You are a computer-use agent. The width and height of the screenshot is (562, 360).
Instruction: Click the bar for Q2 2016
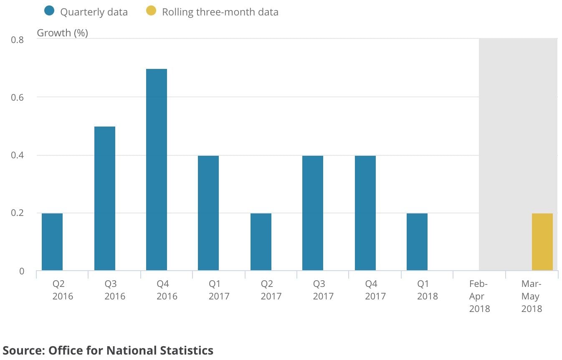coord(52,242)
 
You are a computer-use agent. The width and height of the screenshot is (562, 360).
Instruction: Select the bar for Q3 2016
coord(105,198)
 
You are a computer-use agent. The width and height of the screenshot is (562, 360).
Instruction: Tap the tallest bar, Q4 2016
coord(157,170)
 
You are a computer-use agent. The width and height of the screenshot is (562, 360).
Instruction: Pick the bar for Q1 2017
coord(208,213)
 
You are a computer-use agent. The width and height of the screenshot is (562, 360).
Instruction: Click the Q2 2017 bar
coord(261,242)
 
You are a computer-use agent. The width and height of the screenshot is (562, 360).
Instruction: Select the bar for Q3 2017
coord(313,213)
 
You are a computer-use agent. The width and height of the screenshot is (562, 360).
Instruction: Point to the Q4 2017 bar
coord(365,213)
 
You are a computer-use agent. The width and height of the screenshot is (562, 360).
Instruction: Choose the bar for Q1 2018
coord(417,242)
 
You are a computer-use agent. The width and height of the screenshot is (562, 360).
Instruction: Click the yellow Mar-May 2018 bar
coord(542,242)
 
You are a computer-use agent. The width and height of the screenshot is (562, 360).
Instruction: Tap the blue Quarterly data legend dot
coord(49,11)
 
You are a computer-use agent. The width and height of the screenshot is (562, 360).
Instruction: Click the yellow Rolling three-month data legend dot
coord(151,11)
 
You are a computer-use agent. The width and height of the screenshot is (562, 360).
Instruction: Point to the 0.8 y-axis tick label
coord(17,40)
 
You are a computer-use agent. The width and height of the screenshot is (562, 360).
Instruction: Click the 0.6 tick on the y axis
coord(17,97)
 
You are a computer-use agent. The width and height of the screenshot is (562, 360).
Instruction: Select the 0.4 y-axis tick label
coord(17,155)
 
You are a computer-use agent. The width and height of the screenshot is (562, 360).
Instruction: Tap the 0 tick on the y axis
coord(21,271)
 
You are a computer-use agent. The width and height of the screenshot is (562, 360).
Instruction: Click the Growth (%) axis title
coord(63,33)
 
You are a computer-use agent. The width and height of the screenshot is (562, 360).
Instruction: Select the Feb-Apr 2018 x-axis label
coord(479,296)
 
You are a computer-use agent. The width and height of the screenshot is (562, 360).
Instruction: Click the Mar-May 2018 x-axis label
coord(532,296)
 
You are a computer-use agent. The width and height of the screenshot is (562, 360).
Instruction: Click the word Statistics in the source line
coord(187,350)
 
